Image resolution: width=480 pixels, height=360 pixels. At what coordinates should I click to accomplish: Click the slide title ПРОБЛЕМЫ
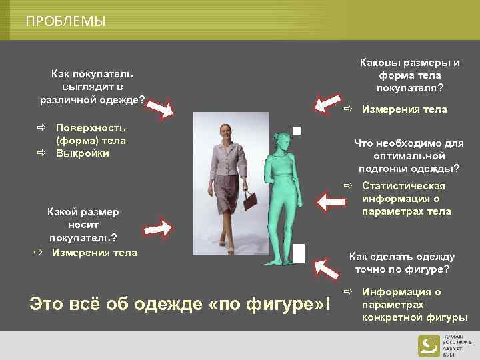(65, 21)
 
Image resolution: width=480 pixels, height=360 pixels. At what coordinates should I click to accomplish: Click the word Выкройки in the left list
(83, 153)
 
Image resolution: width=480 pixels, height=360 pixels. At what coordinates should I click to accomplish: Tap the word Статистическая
(403, 186)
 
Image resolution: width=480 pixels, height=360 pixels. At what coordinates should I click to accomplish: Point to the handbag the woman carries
(251, 199)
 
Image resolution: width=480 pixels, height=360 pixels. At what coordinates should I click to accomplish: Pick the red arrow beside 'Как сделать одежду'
(327, 268)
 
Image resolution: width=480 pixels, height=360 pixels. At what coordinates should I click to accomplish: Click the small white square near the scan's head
(296, 130)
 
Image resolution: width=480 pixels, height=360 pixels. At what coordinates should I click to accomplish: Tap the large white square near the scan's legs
(299, 254)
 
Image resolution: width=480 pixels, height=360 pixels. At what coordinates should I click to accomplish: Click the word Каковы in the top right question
(379, 63)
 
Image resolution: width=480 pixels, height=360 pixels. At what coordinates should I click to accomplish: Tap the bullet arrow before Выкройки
(41, 153)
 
